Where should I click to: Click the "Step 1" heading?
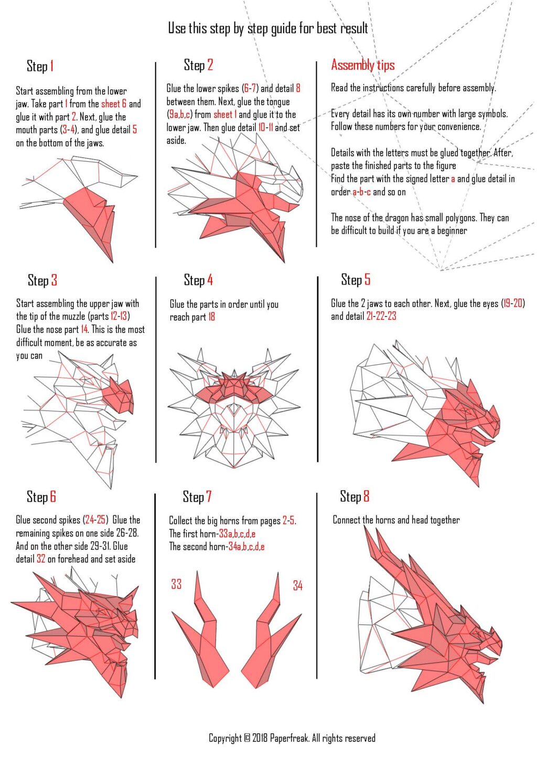(40, 66)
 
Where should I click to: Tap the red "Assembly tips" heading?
(363, 65)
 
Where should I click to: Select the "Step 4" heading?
(198, 280)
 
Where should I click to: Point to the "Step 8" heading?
(355, 497)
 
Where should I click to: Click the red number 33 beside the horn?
(176, 584)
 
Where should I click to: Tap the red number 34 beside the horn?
(298, 585)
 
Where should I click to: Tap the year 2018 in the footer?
(260, 738)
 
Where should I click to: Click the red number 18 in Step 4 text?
(211, 317)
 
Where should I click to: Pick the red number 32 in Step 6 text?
(41, 558)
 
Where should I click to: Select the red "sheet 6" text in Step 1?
(114, 103)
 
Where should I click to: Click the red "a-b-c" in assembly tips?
(361, 192)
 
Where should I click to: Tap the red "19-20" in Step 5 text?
(513, 303)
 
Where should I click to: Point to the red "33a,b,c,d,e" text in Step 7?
(237, 534)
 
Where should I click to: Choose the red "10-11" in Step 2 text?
(265, 128)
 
